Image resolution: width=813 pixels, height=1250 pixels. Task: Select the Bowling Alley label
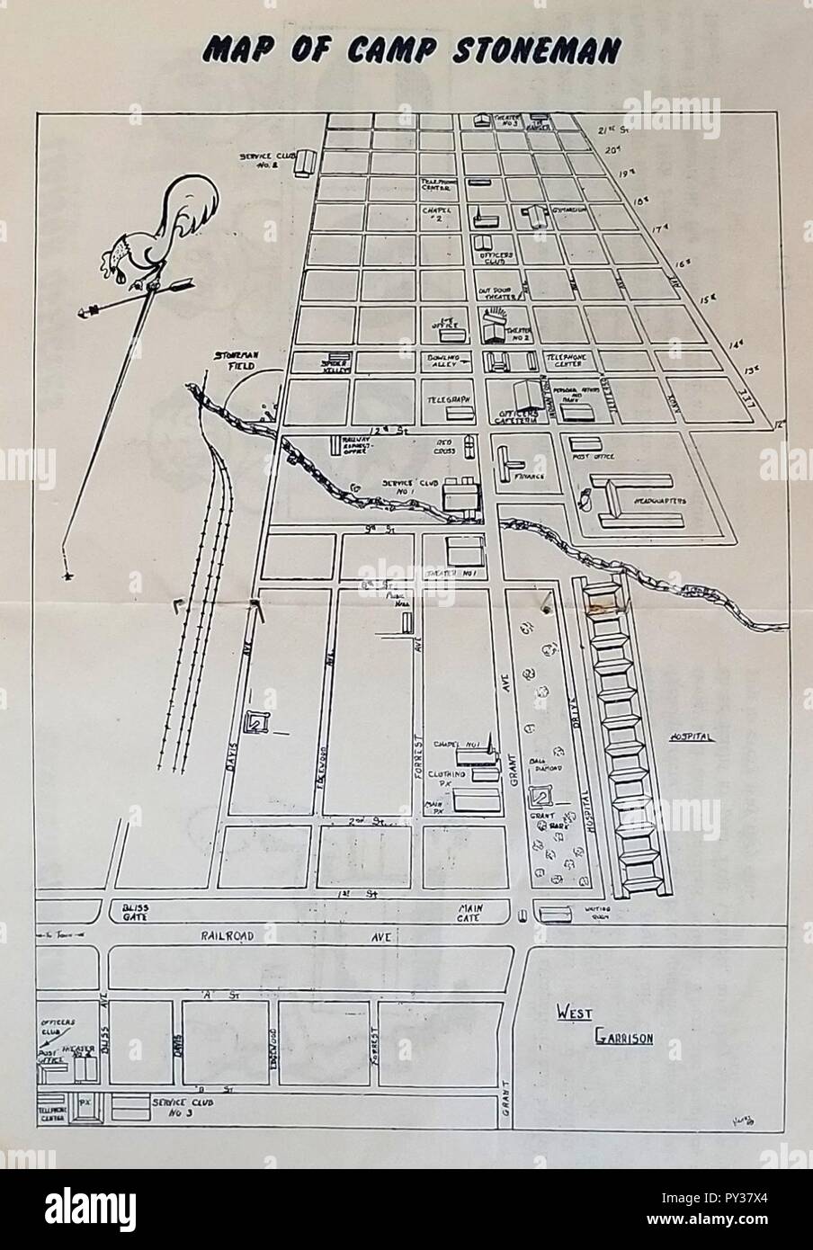coord(444,362)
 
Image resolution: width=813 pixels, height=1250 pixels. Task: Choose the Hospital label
coord(690,737)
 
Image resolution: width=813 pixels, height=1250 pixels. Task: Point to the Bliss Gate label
coord(138,913)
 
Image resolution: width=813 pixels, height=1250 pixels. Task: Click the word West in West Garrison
coord(571,1013)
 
